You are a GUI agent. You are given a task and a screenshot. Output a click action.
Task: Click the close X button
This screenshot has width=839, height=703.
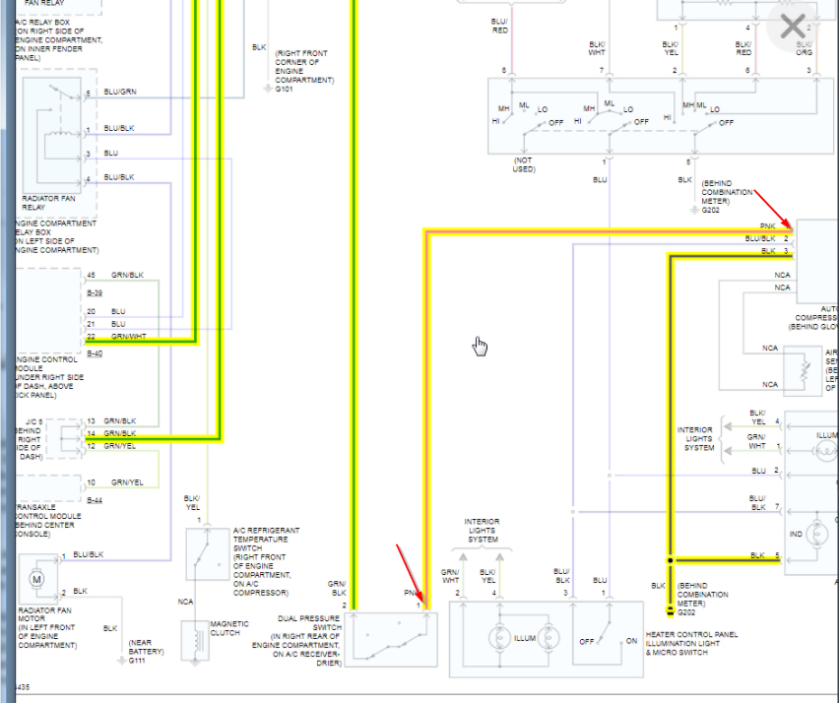point(792,27)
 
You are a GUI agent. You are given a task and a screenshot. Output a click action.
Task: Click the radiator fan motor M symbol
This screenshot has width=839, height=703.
point(37,579)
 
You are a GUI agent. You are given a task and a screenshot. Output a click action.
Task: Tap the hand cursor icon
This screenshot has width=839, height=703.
point(480,346)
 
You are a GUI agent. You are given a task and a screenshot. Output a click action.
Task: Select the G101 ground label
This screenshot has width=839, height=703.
point(285,88)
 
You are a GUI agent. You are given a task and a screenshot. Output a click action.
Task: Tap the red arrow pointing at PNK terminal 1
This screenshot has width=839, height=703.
point(778,217)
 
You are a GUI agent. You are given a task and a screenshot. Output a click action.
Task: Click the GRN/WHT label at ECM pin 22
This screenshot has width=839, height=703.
point(127,336)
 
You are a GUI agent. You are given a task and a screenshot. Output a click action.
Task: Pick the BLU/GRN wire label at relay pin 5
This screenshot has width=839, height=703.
point(119,93)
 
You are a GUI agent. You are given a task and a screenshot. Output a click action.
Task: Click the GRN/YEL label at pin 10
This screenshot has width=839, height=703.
point(127,482)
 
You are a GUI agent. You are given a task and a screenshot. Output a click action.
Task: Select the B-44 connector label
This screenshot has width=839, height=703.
point(96,499)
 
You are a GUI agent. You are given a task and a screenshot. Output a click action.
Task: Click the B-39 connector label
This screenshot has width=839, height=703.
point(96,293)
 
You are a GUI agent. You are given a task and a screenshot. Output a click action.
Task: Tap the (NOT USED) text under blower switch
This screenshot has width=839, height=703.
point(524,163)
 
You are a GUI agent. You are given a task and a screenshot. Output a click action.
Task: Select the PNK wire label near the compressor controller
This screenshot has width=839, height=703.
point(767,226)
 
